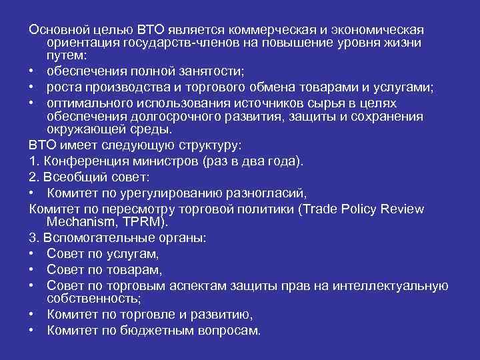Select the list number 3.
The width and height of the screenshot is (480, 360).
coord(33,238)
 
